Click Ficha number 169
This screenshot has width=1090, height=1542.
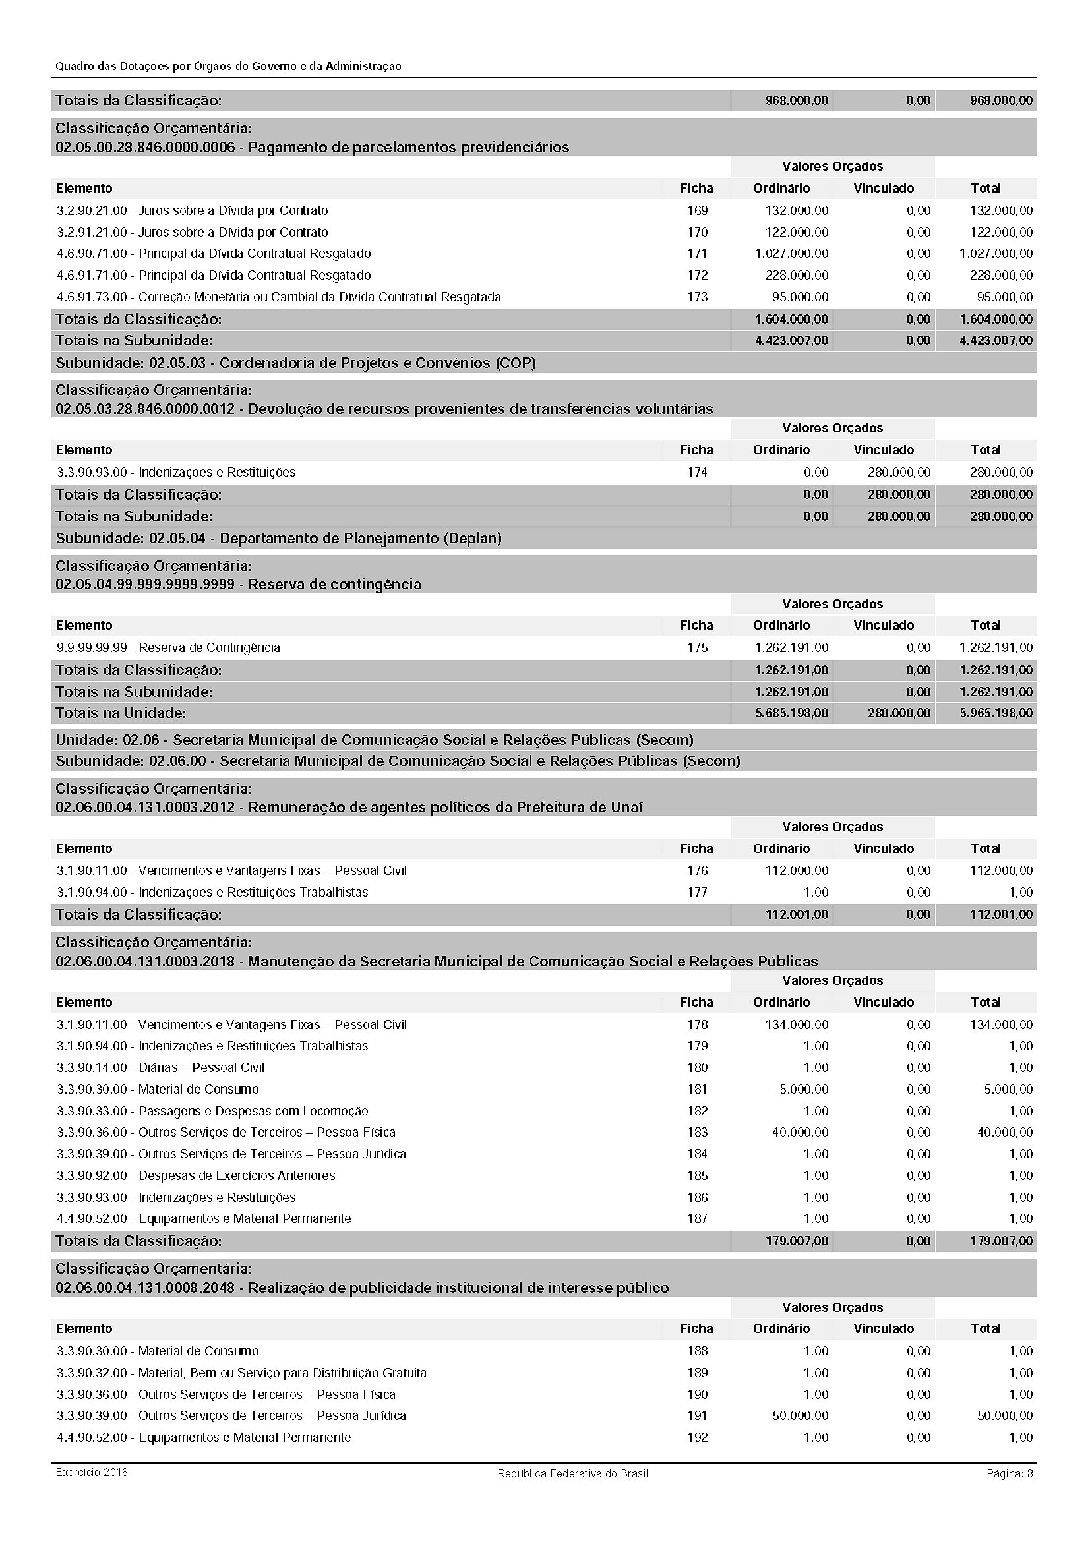697,210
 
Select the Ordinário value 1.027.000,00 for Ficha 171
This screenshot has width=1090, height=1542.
791,253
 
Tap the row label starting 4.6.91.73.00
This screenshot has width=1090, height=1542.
279,297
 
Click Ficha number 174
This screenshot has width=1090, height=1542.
697,472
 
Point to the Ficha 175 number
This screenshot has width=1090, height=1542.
697,647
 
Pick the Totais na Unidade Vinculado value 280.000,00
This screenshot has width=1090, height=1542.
899,713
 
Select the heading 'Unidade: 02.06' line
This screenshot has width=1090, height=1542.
374,740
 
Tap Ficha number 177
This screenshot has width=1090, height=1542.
697,892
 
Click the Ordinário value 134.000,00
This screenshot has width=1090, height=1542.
797,1024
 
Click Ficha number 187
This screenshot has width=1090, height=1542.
697,1218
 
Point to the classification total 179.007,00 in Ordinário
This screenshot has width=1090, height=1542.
797,1241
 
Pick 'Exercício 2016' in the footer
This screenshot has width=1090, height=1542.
92,1473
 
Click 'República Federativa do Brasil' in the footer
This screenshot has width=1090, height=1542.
572,1473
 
